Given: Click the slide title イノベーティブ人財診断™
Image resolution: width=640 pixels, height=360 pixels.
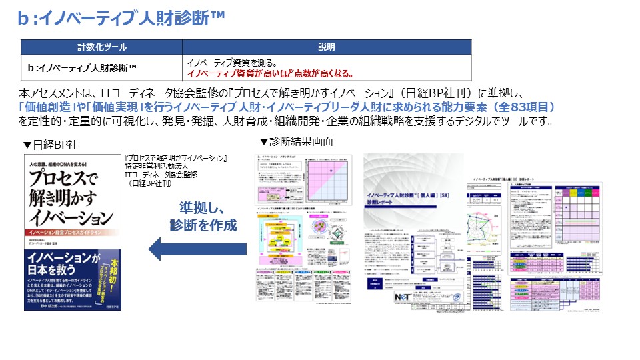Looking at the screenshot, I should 120,19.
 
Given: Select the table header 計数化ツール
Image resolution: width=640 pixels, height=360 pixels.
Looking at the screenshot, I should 101,47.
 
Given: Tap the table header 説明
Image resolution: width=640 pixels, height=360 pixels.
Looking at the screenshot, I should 327,47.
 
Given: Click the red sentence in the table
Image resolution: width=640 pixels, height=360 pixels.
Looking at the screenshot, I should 271,74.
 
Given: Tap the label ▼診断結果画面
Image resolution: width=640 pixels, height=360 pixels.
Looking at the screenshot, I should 296,142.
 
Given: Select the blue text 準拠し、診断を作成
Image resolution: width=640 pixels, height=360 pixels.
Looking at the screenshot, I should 207,216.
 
